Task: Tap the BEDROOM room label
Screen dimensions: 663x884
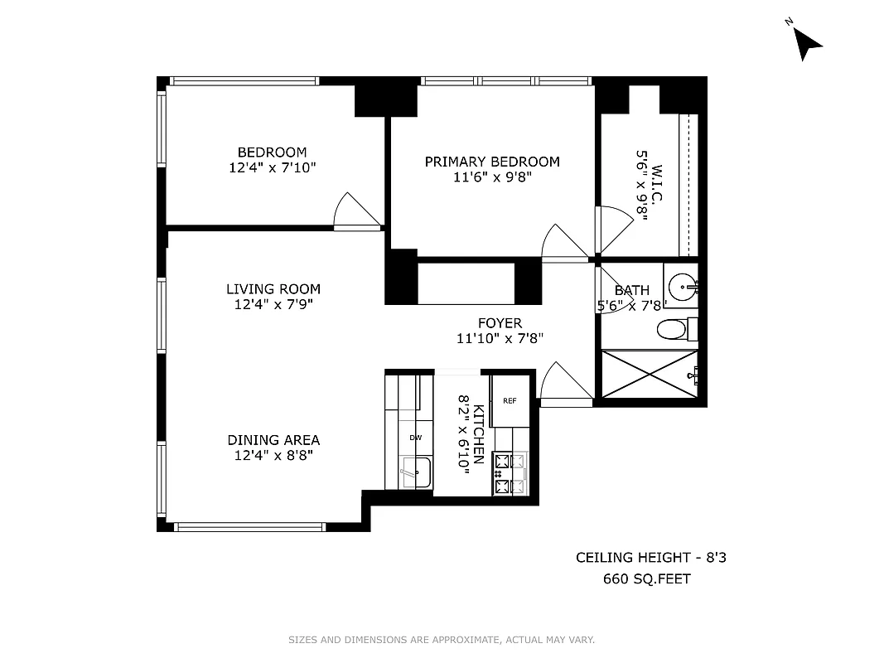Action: click(272, 152)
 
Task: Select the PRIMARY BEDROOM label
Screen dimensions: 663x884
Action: click(492, 162)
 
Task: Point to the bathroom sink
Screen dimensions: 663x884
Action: click(684, 288)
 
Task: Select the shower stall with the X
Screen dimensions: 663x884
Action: click(649, 374)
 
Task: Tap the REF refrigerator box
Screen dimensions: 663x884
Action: click(510, 401)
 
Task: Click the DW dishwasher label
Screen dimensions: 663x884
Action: click(416, 438)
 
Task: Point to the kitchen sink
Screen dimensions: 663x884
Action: click(416, 472)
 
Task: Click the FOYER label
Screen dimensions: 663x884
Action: click(500, 323)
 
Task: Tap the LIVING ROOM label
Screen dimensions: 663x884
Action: click(273, 289)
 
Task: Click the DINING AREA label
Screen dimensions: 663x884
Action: click(273, 440)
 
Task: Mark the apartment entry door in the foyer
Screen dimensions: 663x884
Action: click(563, 385)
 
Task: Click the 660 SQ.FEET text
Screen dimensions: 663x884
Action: click(646, 578)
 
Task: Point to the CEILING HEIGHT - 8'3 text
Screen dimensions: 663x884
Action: click(651, 558)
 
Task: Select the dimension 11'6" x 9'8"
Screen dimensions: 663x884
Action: click(492, 177)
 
